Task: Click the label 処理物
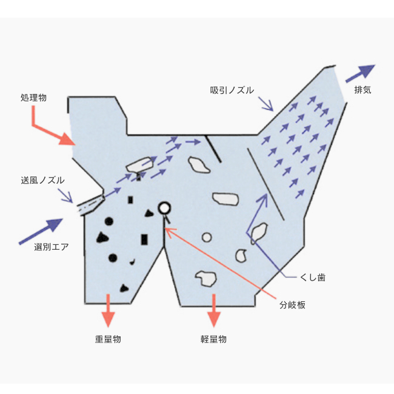33,98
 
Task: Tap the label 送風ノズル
42,180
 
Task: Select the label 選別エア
52,247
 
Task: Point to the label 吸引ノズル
232,90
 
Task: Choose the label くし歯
313,277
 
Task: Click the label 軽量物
213,339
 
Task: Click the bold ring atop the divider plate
163,208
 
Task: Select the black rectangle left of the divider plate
144,239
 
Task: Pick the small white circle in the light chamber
207,237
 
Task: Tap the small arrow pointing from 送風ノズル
66,195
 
